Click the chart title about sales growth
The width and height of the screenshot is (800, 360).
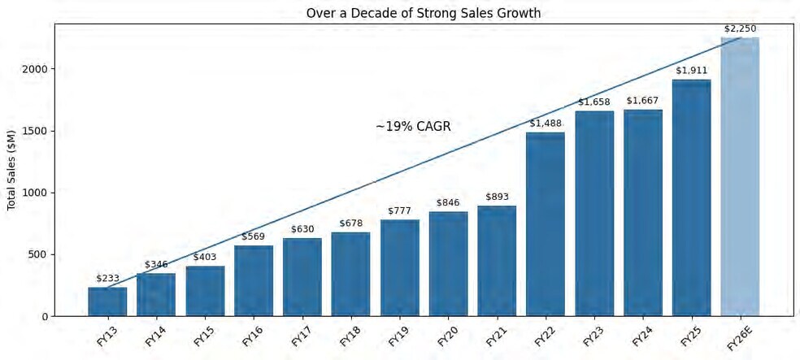pos(423,13)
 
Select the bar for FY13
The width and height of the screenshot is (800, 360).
pos(107,301)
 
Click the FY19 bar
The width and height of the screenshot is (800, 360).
pos(399,267)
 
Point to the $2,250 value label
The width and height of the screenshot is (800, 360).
pos(740,29)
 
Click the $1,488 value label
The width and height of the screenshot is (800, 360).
pos(546,124)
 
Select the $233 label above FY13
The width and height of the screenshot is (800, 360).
pos(107,278)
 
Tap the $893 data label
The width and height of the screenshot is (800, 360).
pos(497,197)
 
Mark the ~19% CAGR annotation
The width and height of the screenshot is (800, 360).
pos(413,127)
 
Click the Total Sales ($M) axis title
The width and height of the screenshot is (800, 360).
pos(11,169)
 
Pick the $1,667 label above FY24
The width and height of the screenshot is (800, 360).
pos(642,101)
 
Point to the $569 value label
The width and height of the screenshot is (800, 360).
pos(253,236)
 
